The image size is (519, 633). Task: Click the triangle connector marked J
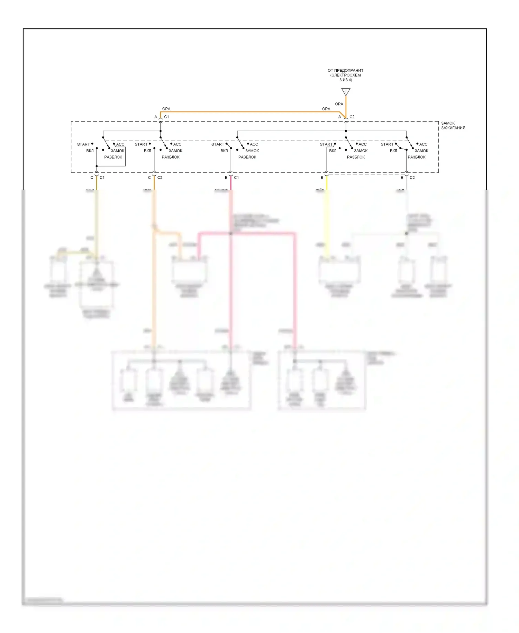[x=346, y=91]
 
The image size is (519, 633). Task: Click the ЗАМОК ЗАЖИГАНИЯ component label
[x=453, y=125]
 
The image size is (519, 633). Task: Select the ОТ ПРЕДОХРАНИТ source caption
[x=345, y=75]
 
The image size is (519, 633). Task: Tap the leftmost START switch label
[x=83, y=144]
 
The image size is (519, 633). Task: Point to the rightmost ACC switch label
[x=423, y=144]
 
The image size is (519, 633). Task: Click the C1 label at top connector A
[x=166, y=117]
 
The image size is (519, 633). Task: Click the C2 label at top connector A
[x=352, y=117]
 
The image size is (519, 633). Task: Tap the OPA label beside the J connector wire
[x=339, y=104]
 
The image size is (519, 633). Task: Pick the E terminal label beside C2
[x=402, y=177]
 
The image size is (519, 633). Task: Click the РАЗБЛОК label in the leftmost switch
[x=113, y=157]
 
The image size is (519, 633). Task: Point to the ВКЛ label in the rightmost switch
[x=393, y=151]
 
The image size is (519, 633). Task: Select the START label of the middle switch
[x=218, y=144]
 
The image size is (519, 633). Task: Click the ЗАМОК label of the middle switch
[x=252, y=151]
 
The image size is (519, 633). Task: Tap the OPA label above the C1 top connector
[x=166, y=109]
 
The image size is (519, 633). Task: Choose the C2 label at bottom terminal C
[x=160, y=177]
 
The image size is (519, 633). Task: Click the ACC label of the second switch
[x=177, y=144]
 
